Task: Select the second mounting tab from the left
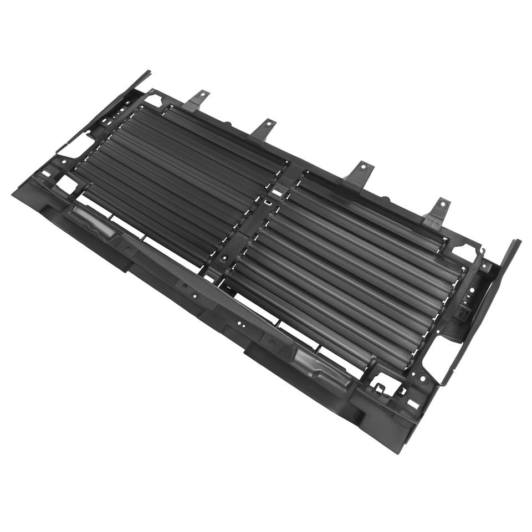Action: coord(264,129)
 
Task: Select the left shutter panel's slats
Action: coord(177,172)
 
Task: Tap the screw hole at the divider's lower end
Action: coord(224,258)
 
